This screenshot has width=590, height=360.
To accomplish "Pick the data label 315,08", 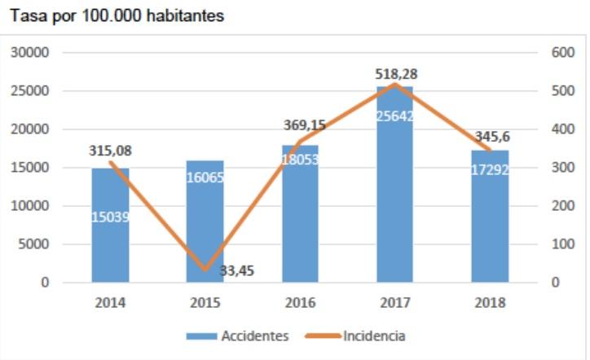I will click(x=111, y=151).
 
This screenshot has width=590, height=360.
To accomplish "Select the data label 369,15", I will click(x=299, y=125).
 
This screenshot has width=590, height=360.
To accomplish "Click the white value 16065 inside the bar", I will click(x=205, y=178).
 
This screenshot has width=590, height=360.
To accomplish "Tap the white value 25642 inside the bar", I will click(x=394, y=116).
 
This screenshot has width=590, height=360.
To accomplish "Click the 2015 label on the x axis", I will click(x=205, y=302).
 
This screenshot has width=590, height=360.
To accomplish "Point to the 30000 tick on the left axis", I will click(x=33, y=52).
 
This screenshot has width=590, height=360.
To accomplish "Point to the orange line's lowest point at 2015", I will click(x=205, y=270).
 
